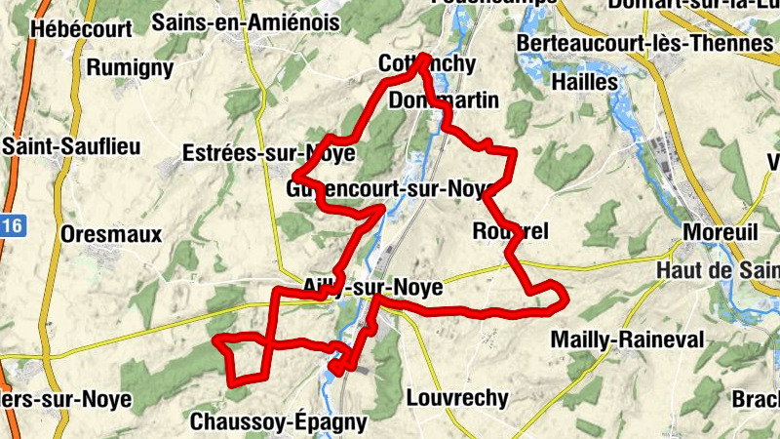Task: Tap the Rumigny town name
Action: (130, 68)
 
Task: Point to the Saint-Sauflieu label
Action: (72, 146)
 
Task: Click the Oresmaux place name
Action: (110, 234)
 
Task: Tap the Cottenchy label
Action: (427, 65)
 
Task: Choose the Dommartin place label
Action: (443, 100)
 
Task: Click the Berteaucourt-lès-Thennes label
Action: (646, 45)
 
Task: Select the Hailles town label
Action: (585, 82)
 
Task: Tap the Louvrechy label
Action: (456, 398)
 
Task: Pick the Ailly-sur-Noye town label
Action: (360, 287)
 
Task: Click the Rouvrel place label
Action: (510, 231)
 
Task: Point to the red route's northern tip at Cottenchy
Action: (425, 57)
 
